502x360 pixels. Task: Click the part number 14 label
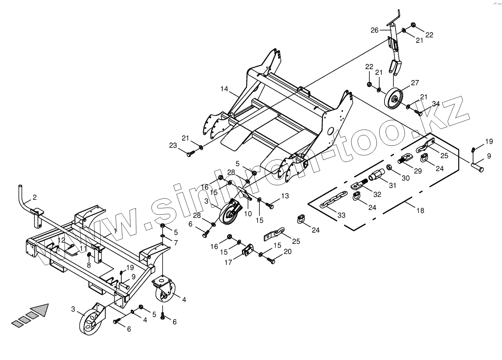coord(224,89)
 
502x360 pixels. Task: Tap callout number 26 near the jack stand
coord(375,30)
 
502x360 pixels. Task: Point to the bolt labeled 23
coord(190,153)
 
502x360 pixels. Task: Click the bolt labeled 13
coord(270,205)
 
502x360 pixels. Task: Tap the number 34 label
coord(436,104)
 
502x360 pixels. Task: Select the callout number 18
coord(420,210)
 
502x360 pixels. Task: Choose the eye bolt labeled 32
coord(358,185)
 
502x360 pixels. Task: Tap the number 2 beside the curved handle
coord(35,197)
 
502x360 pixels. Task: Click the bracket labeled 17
coord(247,250)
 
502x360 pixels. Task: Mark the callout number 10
coord(248,214)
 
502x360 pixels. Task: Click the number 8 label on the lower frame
coord(89,265)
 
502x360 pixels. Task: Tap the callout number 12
coord(61,240)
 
